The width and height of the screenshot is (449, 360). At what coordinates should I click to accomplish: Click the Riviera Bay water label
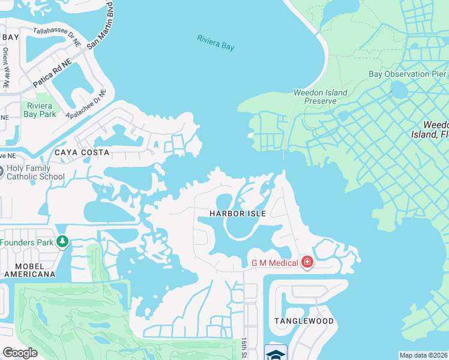point(215,43)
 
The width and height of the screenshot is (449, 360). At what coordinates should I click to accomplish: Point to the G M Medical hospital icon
point(307,262)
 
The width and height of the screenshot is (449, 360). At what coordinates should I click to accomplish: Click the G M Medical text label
point(274,262)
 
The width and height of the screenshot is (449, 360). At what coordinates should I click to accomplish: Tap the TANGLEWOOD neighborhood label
point(304,321)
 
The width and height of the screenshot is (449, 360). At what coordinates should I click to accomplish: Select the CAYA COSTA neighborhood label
point(82,152)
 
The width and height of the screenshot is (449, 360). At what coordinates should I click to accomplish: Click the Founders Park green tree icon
point(62,242)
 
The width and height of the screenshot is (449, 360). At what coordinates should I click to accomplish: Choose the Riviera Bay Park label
point(40,110)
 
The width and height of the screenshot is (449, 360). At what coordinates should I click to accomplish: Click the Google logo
point(20,353)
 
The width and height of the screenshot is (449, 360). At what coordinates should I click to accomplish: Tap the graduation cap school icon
point(276,353)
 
